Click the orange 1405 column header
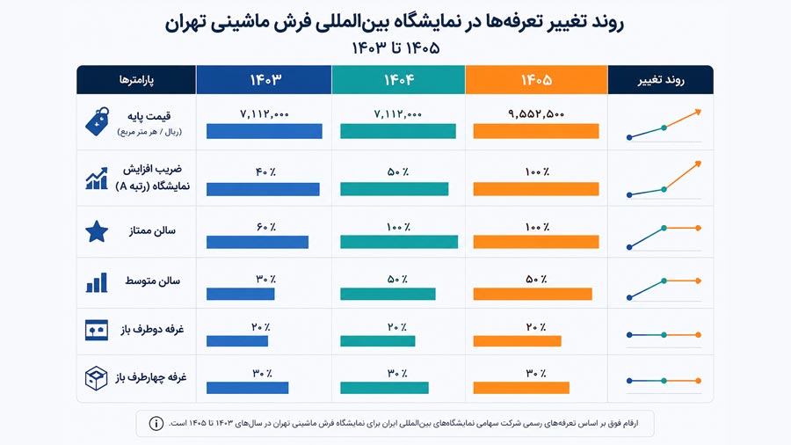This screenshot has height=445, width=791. coord(536,80)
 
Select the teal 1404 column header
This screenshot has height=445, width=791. coord(398,80)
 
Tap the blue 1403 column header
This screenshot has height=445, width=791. coord(264,80)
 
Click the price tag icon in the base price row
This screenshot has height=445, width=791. coord(98,121)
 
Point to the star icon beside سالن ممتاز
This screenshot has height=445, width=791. coord(97,231)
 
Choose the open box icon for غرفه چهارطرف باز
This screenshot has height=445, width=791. coord(97,378)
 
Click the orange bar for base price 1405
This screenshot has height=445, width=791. coord(536,131)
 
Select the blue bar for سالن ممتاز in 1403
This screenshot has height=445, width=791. coord(258,242)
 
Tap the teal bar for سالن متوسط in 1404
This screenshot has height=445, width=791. coord(388,294)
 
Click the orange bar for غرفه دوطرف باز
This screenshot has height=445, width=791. coord(517,341)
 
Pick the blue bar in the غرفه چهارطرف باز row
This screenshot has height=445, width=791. coord(247,388)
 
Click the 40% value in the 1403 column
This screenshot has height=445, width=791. coord(265,172)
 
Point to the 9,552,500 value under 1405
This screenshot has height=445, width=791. coord(536,114)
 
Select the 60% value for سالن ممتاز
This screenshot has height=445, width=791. coord(265,227)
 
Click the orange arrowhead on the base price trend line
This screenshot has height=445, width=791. coord(698,112)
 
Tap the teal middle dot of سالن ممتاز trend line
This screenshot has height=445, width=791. coord(664,228)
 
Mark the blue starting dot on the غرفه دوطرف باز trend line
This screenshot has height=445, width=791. coord(629,334)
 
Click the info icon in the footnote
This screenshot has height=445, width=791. coord(156,423)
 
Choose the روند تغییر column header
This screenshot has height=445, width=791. coord(660,80)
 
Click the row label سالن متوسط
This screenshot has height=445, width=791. coord(152,281)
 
